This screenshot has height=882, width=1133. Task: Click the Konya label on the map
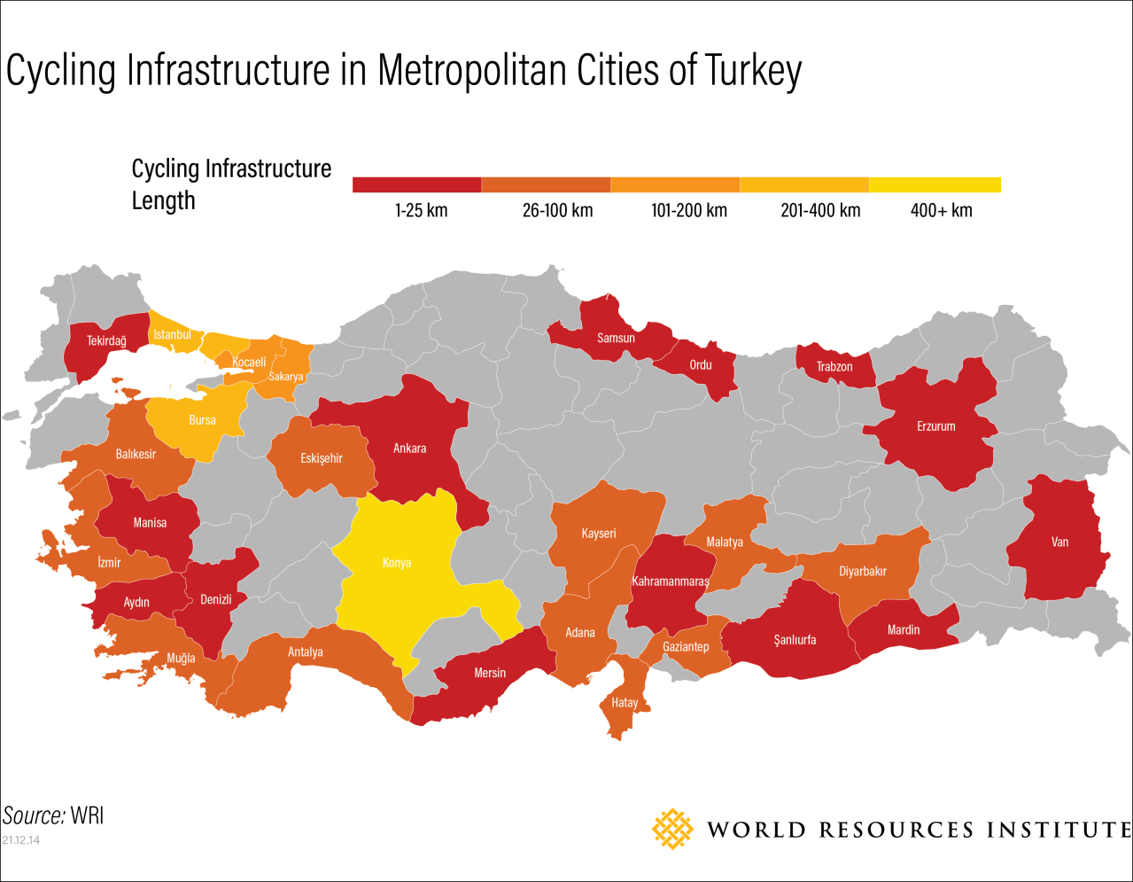pos(396,563)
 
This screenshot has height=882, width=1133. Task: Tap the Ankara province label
pos(409,449)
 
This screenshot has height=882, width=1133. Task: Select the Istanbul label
pos(172,335)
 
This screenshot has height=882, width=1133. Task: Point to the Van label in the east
pos(1059,542)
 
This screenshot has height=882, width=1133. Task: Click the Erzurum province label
pos(935,426)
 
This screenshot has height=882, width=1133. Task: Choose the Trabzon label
pos(834,366)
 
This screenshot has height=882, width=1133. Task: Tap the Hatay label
pos(625,702)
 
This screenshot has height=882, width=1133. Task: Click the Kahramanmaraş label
pos(671,582)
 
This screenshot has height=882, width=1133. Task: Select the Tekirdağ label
pos(106,341)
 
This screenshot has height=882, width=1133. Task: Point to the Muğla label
pos(181,658)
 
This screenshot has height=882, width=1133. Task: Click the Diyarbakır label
pos(862,572)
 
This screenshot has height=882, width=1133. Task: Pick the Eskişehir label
pos(321,458)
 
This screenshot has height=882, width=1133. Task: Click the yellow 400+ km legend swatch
pos(935,184)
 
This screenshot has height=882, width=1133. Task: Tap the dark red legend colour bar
pos(416,184)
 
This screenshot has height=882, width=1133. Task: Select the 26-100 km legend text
pos(557,211)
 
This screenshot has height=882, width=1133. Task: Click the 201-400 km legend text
pos(820,211)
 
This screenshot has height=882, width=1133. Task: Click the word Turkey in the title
pos(753,71)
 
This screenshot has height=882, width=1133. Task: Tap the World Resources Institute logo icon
pos(672,829)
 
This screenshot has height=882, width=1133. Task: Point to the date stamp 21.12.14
pos(21,839)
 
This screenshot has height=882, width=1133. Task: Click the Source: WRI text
pos(53,816)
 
